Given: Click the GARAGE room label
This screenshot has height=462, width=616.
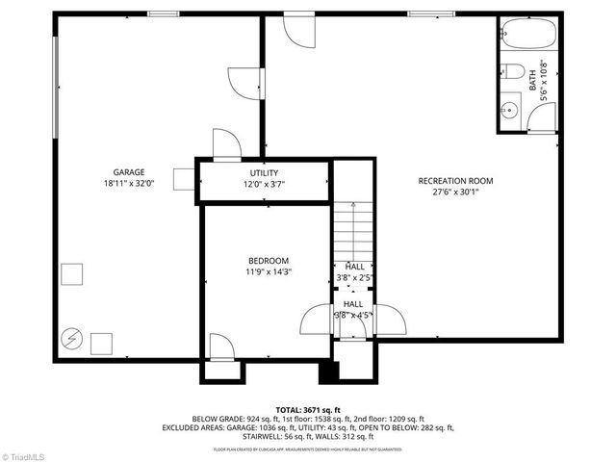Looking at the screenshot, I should (128, 171).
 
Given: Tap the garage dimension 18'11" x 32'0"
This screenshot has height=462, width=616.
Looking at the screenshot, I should (128, 183).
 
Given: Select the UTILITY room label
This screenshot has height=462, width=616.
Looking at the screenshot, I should (264, 173).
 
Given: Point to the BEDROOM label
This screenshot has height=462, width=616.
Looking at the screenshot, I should (269, 261).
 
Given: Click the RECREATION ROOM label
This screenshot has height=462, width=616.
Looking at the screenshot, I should (455, 180).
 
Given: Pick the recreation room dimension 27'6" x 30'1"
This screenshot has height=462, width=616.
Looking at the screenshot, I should (455, 192).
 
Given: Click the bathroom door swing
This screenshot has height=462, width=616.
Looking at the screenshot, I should (542, 118).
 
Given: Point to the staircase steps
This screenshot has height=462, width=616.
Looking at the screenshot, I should (353, 231).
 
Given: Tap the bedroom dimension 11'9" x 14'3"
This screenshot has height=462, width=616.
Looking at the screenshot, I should (269, 272).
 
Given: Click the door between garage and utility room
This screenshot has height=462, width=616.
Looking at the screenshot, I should (226, 144).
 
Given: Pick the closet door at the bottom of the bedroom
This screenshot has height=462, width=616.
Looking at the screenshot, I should (220, 346).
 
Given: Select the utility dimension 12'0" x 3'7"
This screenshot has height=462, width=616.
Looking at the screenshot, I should (264, 184).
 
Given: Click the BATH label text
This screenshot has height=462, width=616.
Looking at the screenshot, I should (532, 83).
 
